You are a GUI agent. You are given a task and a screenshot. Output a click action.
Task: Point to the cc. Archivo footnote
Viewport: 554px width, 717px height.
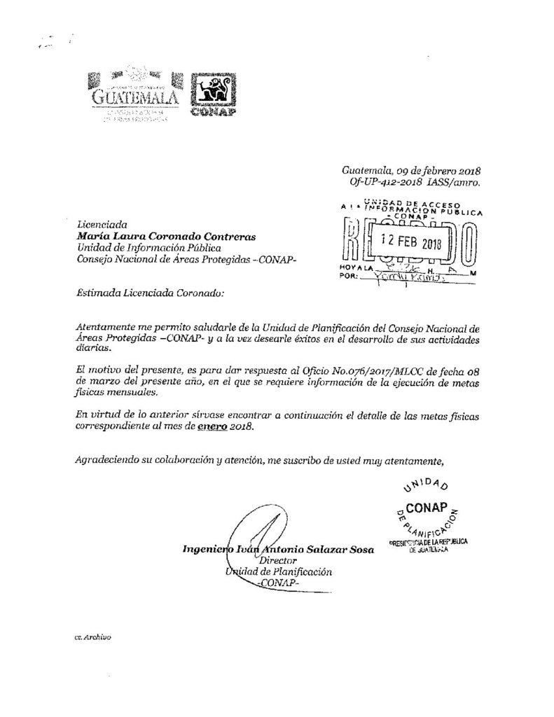click(x=92, y=639)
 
